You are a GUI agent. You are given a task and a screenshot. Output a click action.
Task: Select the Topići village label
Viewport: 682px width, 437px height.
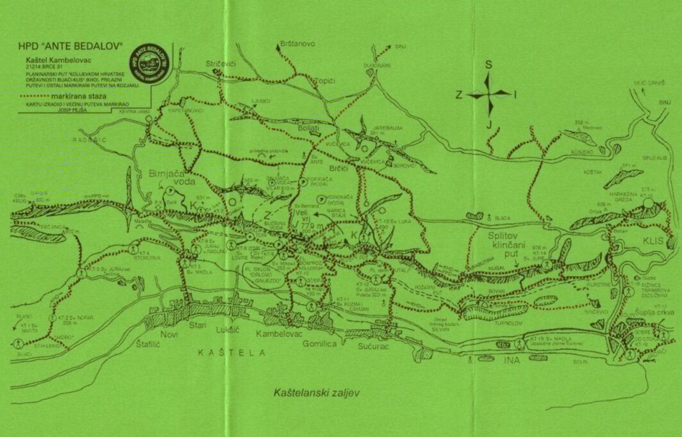[x=325, y=81]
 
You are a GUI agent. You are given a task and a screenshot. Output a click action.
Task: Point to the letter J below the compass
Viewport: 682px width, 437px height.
[x=488, y=124]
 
